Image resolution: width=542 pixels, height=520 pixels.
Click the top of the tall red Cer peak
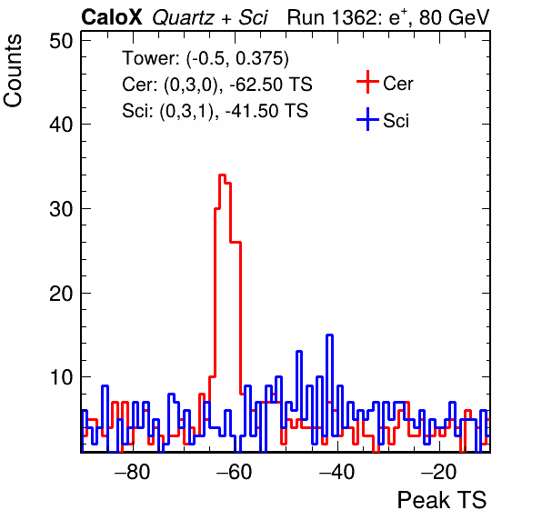pos(222,175)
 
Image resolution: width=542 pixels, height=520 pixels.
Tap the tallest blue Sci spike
pos(329,335)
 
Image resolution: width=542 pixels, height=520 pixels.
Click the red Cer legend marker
pos(367,82)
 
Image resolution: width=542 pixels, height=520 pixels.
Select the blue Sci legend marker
pos(367,119)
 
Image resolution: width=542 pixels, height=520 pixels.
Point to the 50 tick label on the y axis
pos(61,41)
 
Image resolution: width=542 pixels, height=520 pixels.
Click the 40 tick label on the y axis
pos(61,125)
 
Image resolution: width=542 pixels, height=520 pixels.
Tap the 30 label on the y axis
pos(61,209)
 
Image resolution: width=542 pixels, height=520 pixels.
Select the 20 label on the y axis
pos(61,294)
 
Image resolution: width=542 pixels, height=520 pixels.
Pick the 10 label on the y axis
pos(61,377)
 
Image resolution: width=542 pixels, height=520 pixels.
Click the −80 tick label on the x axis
pos(133,472)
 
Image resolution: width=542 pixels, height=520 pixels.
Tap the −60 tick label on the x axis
pos(235,472)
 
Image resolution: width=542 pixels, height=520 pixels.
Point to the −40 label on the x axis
pos(337,472)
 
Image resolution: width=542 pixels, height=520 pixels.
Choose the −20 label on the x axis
pos(439,472)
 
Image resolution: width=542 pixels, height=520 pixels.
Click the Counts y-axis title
pos(13,71)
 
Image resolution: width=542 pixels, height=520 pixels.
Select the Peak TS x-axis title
pos(442,500)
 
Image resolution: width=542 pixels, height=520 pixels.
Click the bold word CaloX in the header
pos(112,17)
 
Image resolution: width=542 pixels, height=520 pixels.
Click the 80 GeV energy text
pos(454,17)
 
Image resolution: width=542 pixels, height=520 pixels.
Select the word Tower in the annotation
pos(151,57)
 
